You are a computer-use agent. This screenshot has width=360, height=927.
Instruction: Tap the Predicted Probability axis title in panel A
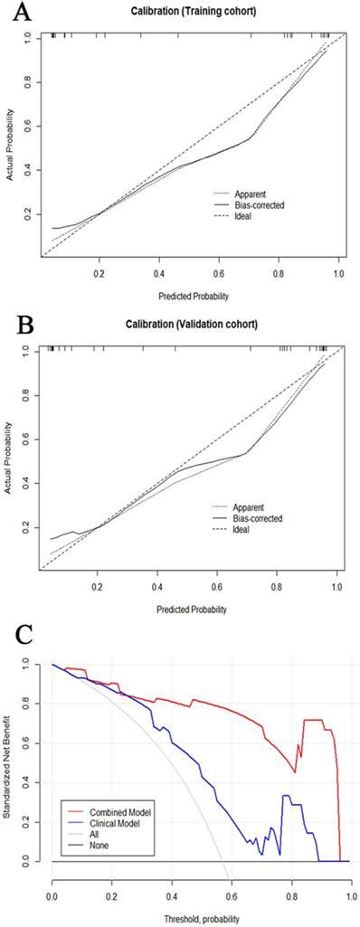pyautogui.click(x=189, y=295)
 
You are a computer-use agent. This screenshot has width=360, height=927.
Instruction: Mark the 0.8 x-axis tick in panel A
pyautogui.click(x=279, y=271)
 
